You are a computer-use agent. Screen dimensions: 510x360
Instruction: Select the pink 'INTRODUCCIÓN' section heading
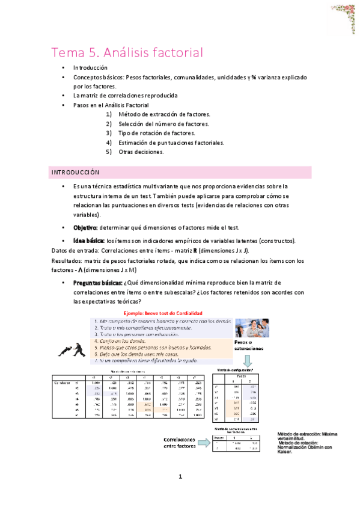pyautogui.click(x=75, y=173)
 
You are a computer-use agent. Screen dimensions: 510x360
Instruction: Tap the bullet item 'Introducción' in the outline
pyautogui.click(x=90, y=68)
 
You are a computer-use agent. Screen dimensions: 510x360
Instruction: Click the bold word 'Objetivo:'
pyautogui.click(x=86, y=228)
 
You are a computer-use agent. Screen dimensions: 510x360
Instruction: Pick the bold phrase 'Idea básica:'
pyautogui.click(x=89, y=241)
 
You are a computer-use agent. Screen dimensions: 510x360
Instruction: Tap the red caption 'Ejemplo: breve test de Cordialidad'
pyautogui.click(x=162, y=313)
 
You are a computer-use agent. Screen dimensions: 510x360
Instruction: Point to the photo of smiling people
pyautogui.click(x=252, y=329)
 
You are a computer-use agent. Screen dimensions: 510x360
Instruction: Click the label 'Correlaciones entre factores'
pyautogui.click(x=180, y=442)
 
